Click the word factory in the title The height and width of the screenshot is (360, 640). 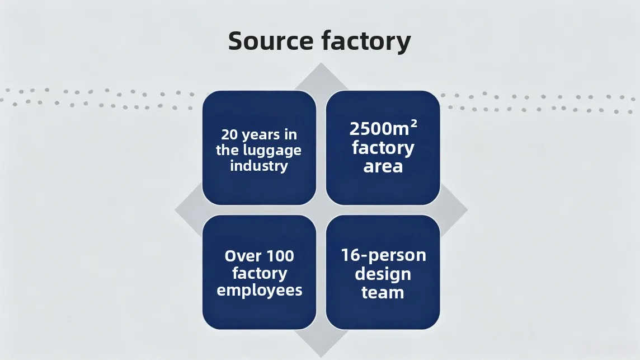366,41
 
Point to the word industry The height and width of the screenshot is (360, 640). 259,166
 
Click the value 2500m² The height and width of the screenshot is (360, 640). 383,128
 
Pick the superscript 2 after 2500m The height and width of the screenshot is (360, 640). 413,123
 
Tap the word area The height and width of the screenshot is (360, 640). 383,166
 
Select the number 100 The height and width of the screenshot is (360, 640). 279,256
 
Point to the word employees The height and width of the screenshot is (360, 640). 260,291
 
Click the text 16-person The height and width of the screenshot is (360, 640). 383,255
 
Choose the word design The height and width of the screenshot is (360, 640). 383,274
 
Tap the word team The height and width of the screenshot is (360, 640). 383,293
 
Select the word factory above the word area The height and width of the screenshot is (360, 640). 383,148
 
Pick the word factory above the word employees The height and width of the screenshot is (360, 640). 260,273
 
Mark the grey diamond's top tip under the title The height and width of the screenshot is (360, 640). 321,63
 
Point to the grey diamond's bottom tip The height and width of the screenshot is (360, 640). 321,357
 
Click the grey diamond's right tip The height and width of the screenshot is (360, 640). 467,210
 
